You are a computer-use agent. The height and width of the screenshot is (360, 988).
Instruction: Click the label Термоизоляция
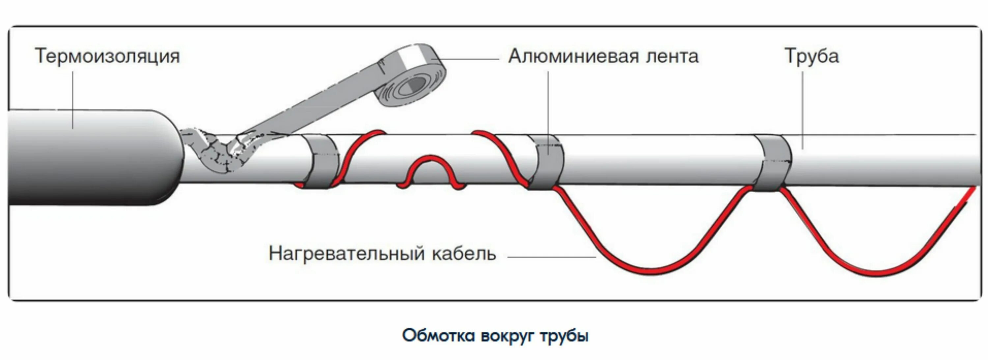click(x=107, y=56)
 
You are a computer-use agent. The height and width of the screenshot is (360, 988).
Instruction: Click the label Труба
click(x=811, y=56)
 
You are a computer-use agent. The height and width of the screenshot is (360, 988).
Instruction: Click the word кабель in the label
click(x=464, y=254)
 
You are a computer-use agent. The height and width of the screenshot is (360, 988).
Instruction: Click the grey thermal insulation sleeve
click(x=88, y=157)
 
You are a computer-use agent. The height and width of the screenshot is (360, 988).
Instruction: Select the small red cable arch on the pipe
click(x=431, y=169)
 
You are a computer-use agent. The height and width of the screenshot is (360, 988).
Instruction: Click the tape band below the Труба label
click(x=773, y=163)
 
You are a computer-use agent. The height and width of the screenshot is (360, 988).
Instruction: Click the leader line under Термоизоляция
click(x=73, y=100)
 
